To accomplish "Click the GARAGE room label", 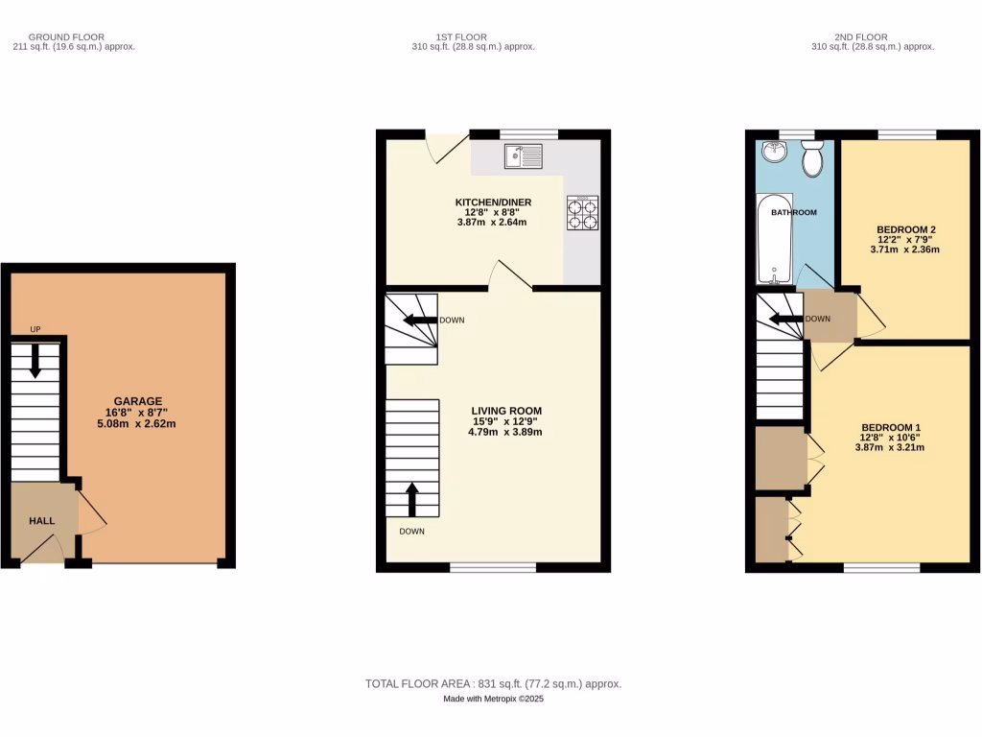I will (x=138, y=401).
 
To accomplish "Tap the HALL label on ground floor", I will (x=41, y=521).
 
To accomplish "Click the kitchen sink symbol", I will (x=523, y=155).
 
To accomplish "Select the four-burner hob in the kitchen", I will (x=583, y=213).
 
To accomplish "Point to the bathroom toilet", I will (x=812, y=161).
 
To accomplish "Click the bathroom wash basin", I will (x=772, y=153).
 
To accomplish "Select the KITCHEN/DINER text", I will (x=492, y=202).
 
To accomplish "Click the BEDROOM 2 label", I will (x=904, y=229).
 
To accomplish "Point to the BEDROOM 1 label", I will (x=891, y=428).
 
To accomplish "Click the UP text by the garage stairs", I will (x=35, y=329).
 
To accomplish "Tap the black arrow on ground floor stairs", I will (x=35, y=361).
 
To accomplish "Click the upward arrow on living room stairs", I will (x=412, y=500).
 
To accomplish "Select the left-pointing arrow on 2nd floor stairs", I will (x=783, y=320).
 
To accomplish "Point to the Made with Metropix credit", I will (x=493, y=700).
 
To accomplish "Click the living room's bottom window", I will (x=493, y=567).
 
